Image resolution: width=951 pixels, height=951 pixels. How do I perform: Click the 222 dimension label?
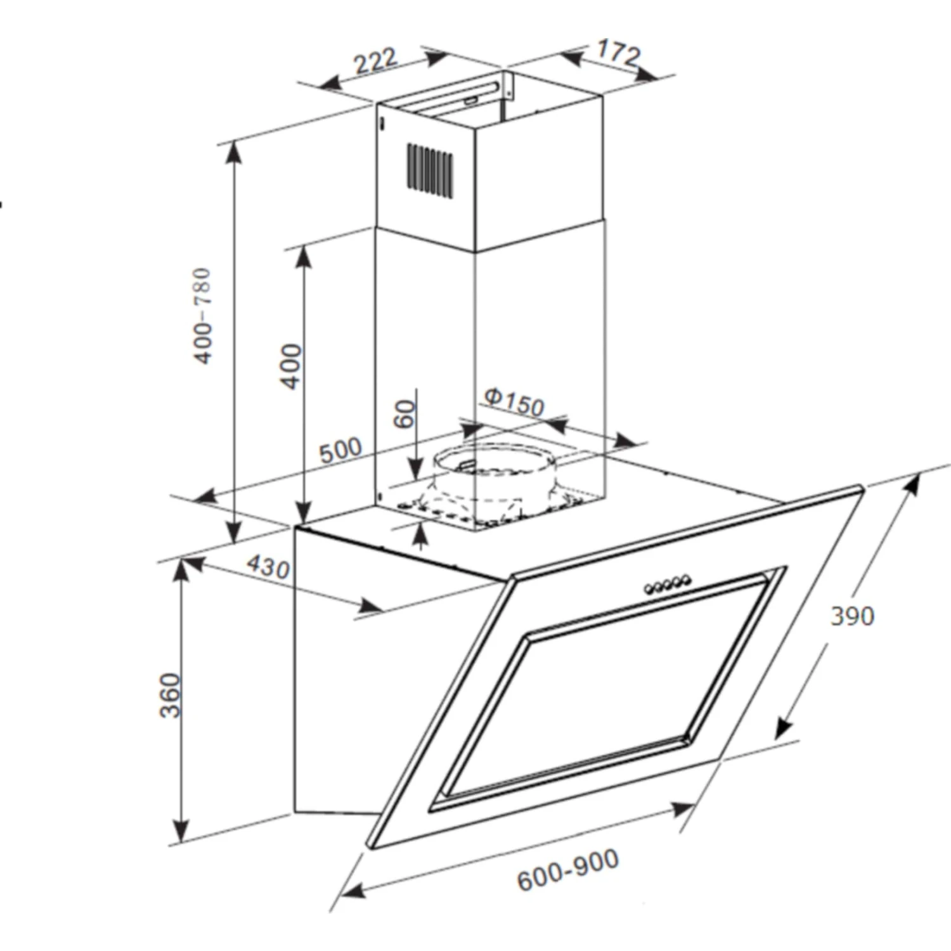pos(375,61)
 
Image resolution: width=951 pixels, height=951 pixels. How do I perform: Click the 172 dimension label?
pos(619,53)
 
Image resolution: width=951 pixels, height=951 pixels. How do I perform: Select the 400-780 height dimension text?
pos(202,316)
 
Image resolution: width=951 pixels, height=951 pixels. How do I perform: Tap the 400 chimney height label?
pos(291,366)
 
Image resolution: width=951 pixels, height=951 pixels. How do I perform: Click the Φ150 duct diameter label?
pos(514,403)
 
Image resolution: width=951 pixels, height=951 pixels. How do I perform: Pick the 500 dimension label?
pos(340,450)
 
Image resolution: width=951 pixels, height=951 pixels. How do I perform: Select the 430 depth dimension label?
pos(268,566)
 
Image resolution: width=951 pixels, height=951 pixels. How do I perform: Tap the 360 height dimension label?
pos(171,695)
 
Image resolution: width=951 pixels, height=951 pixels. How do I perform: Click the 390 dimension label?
pos(852,616)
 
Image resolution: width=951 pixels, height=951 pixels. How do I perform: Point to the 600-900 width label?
pos(568,870)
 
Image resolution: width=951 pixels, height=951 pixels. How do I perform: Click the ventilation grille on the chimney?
pos(430,170)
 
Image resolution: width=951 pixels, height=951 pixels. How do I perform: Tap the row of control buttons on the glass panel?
pos(667,585)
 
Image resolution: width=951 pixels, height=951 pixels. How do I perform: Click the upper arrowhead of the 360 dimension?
pos(182,569)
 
